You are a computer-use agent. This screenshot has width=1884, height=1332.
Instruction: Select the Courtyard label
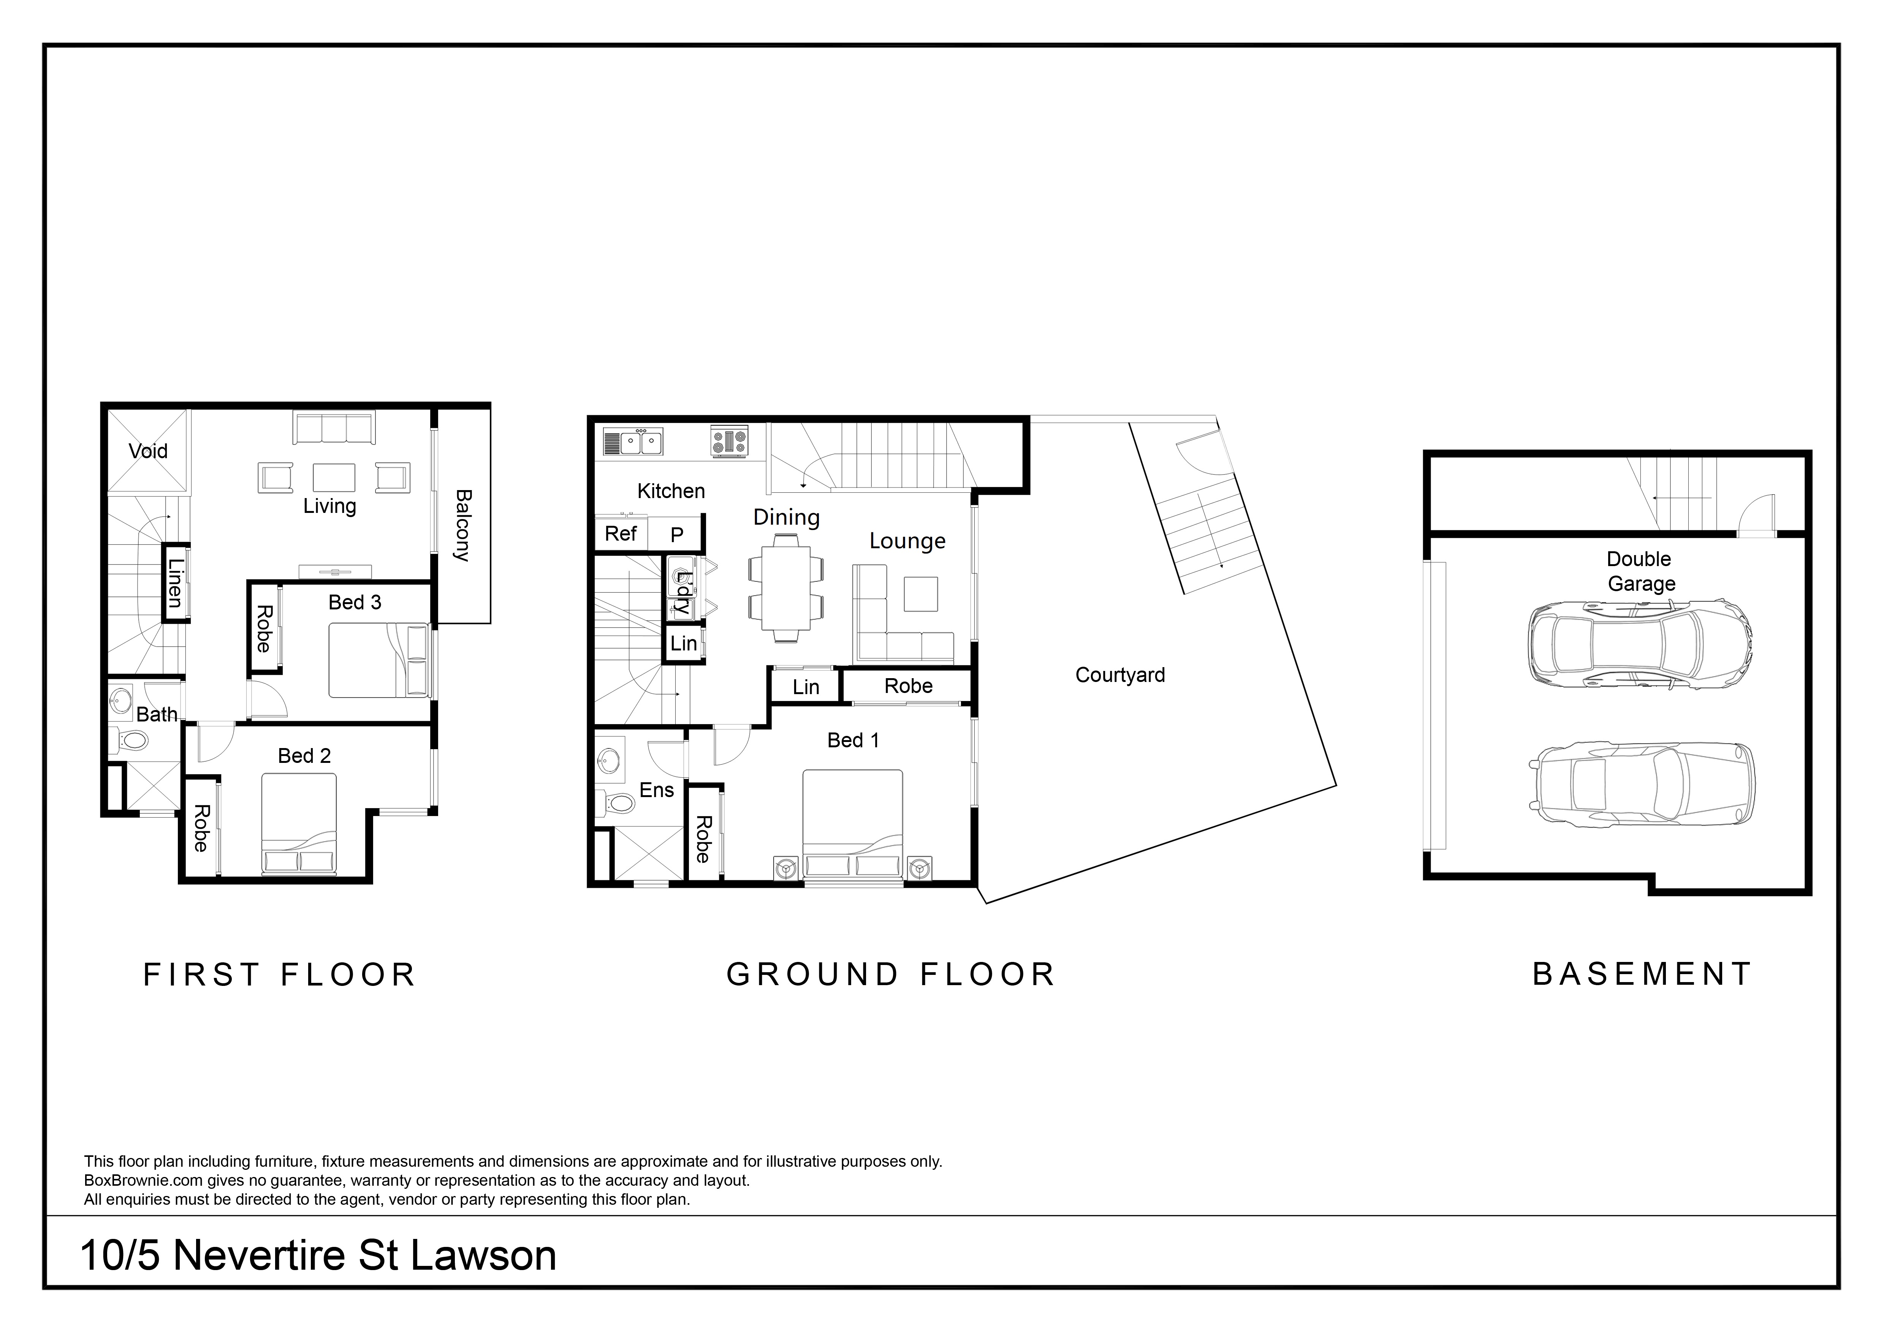pyautogui.click(x=1120, y=675)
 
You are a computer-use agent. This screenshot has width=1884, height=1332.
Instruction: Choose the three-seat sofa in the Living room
pyautogui.click(x=334, y=429)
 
